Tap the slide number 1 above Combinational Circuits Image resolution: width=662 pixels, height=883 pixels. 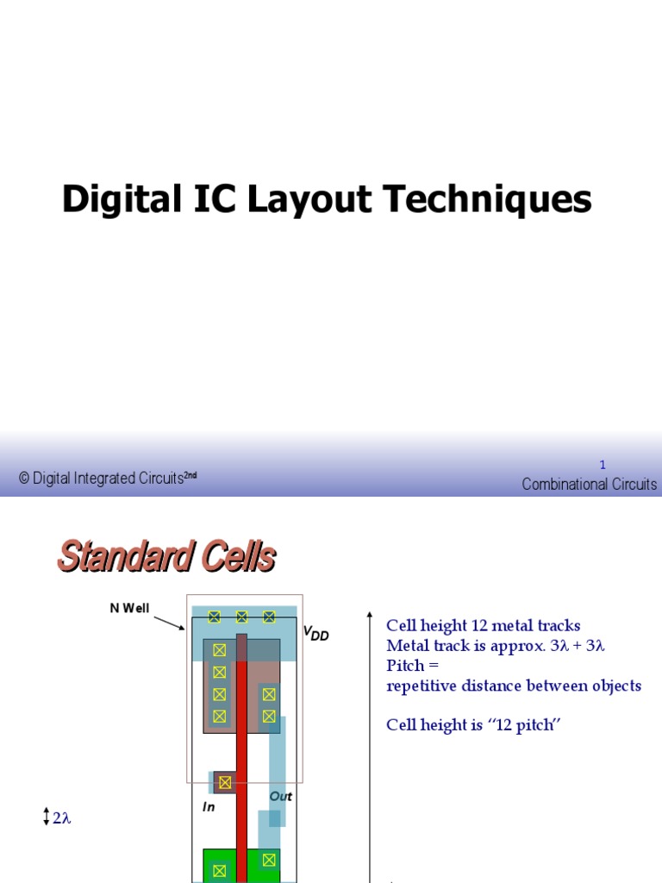pos(603,465)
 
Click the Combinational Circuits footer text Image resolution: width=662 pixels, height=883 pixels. pos(590,484)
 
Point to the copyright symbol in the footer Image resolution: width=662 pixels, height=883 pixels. pos(24,479)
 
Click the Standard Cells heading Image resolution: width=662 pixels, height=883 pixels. pos(166,556)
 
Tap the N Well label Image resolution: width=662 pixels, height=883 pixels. pos(129,608)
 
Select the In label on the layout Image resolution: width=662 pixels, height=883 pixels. pos(209,807)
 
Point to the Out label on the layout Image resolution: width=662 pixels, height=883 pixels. pos(281,796)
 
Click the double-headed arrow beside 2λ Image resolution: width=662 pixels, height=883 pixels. pos(46,817)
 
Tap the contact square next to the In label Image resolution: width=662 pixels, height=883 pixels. pos(225,782)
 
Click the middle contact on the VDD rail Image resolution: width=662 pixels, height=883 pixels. pos(241,617)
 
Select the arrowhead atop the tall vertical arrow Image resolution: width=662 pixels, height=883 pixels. pos(370,617)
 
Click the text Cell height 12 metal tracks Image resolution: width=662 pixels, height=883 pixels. pos(483,625)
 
